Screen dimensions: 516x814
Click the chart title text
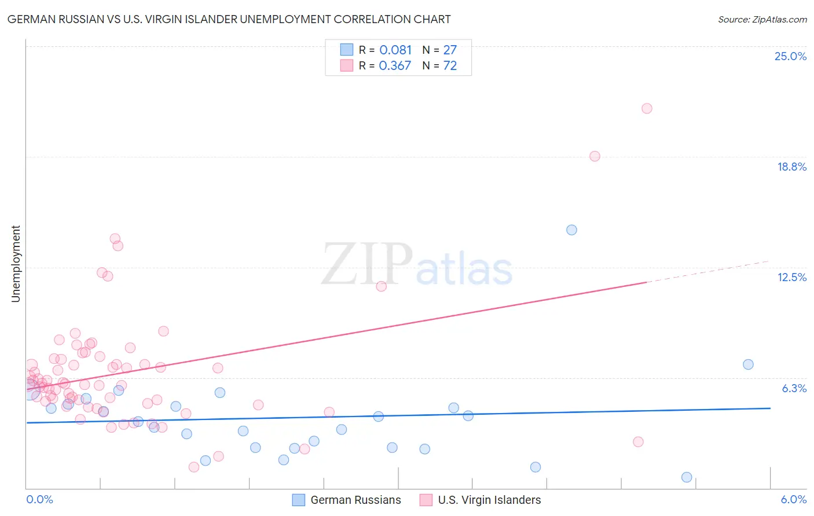229,19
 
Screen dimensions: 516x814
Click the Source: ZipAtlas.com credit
762,20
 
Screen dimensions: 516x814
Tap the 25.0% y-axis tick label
790,56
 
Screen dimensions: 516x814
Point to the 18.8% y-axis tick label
791,167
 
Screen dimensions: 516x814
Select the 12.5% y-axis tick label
791,277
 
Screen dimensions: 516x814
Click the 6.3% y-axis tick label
794,388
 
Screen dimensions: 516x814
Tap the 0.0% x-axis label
39,499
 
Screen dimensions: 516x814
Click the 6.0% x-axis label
793,499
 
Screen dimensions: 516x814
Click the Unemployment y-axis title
16,264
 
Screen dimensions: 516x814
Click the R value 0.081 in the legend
395,50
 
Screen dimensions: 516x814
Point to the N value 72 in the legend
450,66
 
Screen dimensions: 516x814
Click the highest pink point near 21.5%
647,109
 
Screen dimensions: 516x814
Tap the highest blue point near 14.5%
571,230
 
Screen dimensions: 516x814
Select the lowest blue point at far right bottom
687,477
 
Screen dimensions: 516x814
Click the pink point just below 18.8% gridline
595,156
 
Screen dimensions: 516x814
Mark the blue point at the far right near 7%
748,364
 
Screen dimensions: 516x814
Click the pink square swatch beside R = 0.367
347,65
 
